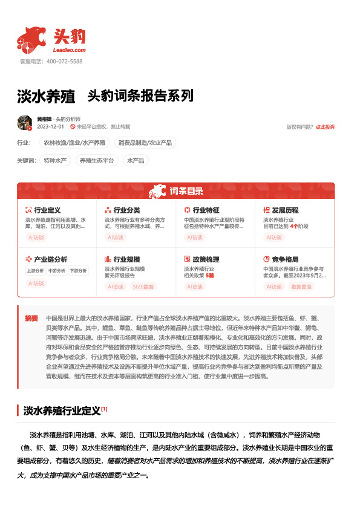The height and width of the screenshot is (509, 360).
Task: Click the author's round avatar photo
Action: point(25,123)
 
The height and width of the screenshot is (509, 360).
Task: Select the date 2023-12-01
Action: point(50,127)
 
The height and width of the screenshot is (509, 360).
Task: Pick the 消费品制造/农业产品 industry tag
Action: point(145,143)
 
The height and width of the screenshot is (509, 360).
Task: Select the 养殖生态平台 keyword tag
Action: point(97,161)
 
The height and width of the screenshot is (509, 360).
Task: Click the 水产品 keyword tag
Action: point(135,161)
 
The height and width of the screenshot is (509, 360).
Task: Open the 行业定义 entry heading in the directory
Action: point(47,210)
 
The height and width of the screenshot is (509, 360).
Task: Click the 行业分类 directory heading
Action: point(126,210)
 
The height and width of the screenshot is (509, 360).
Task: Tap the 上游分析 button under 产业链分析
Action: point(34,270)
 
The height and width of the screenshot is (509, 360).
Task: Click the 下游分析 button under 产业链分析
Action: point(77,270)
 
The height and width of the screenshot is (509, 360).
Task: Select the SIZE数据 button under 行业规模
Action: point(143,287)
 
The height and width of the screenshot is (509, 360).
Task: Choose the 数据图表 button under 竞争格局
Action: point(301,287)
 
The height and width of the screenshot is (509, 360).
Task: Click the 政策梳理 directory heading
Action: point(206,259)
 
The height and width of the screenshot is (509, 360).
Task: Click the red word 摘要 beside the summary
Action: point(31,318)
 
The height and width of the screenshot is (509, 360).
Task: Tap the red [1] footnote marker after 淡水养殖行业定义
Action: point(104,409)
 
